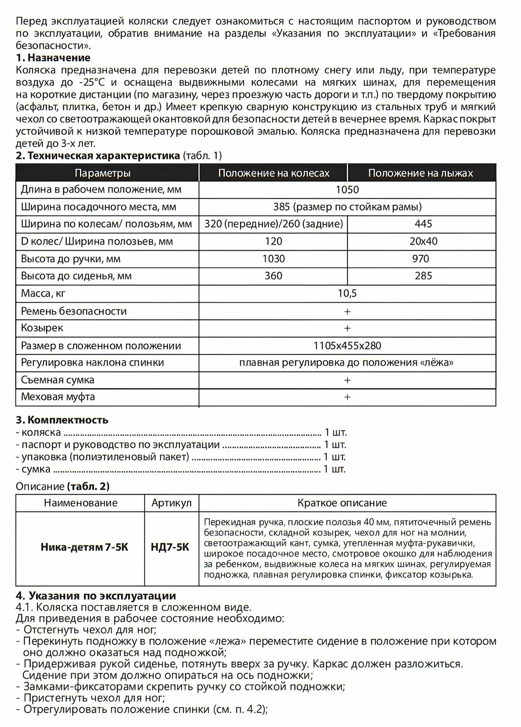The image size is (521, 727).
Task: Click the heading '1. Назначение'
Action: pyautogui.click(x=53, y=58)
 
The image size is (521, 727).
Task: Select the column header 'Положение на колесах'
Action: pyautogui.click(x=274, y=173)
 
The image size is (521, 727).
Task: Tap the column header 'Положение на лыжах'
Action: pyautogui.click(x=420, y=173)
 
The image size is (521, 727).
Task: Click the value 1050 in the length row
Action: pyautogui.click(x=347, y=190)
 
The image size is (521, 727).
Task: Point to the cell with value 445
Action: pyautogui.click(x=423, y=224)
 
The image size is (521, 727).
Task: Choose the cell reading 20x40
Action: pyautogui.click(x=423, y=241)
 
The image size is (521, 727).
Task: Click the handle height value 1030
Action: pyautogui.click(x=274, y=259)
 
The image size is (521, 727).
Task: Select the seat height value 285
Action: pyautogui.click(x=423, y=276)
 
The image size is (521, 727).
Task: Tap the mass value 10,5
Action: pyautogui.click(x=347, y=293)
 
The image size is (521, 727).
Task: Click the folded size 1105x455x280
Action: pyautogui.click(x=347, y=346)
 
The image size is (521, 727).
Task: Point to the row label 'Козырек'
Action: pyautogui.click(x=42, y=328)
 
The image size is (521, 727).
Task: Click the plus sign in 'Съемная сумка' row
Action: pyautogui.click(x=347, y=380)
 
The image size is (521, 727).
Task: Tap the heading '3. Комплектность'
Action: pyautogui.click(x=62, y=420)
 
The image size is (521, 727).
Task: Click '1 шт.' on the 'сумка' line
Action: pyautogui.click(x=334, y=469)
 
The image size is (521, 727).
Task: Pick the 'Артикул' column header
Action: pyautogui.click(x=171, y=503)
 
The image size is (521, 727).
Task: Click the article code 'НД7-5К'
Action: pyautogui.click(x=170, y=547)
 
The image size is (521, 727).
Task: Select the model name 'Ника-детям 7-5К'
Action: pyautogui.click(x=84, y=547)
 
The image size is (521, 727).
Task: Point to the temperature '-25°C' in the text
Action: pyautogui.click(x=91, y=83)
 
